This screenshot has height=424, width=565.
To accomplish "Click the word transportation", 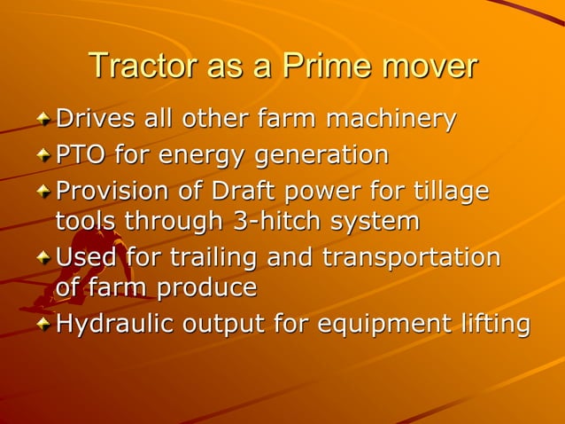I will pyautogui.click(x=411, y=258).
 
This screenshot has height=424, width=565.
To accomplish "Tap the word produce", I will pyautogui.click(x=207, y=287).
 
